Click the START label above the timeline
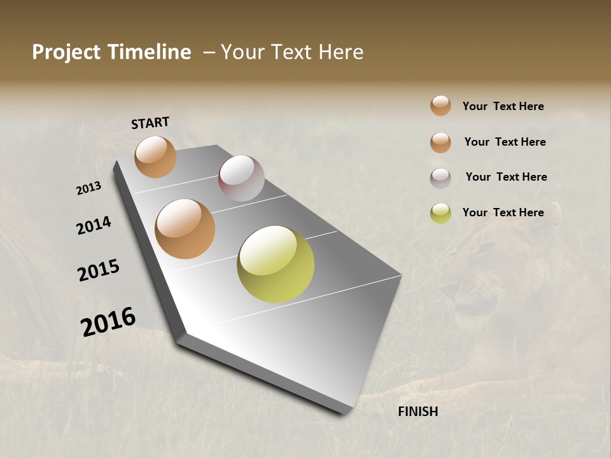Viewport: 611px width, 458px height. (150, 123)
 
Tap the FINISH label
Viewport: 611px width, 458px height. (418, 412)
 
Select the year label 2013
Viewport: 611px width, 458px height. (88, 188)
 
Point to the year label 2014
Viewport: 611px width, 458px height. (94, 226)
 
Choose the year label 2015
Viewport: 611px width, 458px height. (99, 270)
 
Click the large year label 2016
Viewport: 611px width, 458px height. (108, 321)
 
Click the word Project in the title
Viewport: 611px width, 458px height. (66, 53)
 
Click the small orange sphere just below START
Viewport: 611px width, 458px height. (155, 156)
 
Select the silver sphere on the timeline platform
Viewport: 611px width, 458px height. (241, 178)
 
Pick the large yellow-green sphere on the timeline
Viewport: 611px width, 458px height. (276, 264)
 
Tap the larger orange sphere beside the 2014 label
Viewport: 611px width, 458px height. (185, 229)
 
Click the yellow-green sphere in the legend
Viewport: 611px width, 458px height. (440, 213)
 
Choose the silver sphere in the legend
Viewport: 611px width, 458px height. (440, 178)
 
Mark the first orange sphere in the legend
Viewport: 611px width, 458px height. (440, 106)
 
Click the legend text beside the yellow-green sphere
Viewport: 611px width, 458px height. (503, 212)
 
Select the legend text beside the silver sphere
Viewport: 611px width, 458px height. (506, 177)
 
